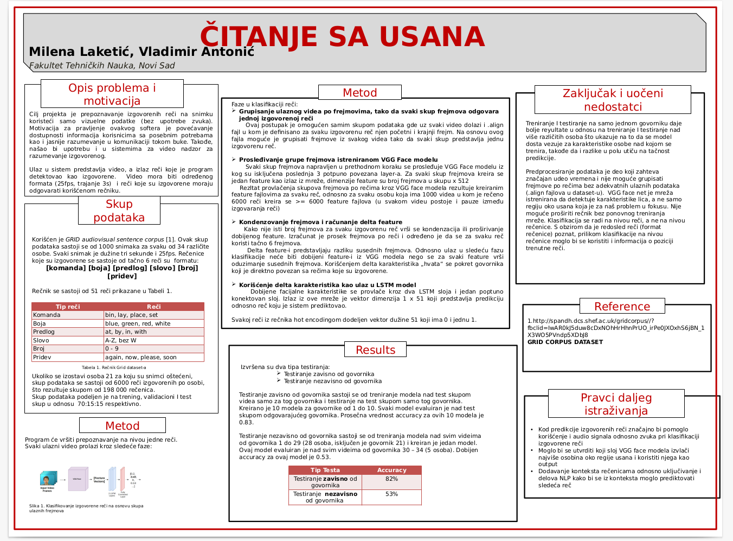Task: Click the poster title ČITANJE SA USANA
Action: click(342, 37)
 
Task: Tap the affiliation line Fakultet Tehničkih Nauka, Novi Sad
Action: click(102, 66)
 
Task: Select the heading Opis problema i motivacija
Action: click(112, 94)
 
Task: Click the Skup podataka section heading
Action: click(119, 211)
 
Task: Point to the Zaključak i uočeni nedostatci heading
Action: click(613, 100)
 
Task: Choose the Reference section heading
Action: click(622, 307)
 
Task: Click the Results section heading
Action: click(375, 350)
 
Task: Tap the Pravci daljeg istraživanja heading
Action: click(616, 404)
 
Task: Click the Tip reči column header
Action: click(68, 307)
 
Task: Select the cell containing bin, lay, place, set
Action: click(132, 315)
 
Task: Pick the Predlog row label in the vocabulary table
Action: click(44, 332)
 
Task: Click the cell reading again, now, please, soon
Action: click(141, 357)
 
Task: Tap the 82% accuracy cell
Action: click(391, 479)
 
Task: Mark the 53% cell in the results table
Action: click(391, 494)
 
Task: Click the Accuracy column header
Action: click(391, 470)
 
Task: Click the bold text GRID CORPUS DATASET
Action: click(565, 342)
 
